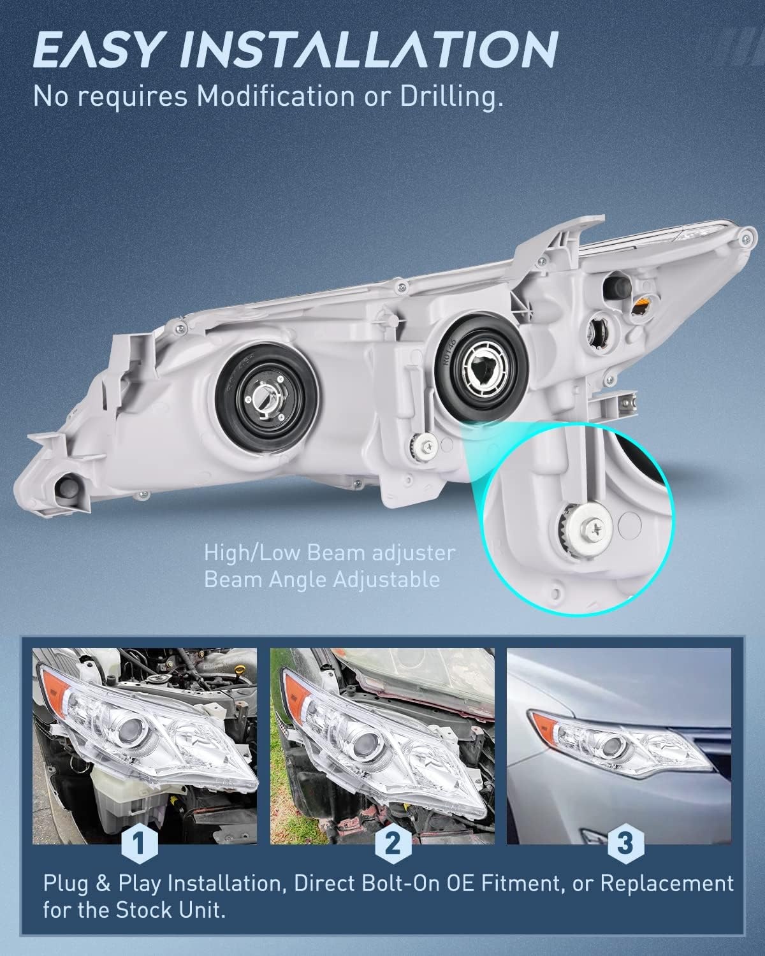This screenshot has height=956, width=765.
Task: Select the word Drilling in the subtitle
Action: click(452, 98)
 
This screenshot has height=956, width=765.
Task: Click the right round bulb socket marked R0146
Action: click(482, 370)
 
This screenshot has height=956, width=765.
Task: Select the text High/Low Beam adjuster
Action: click(330, 553)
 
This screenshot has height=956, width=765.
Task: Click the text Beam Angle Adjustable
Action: click(322, 581)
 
